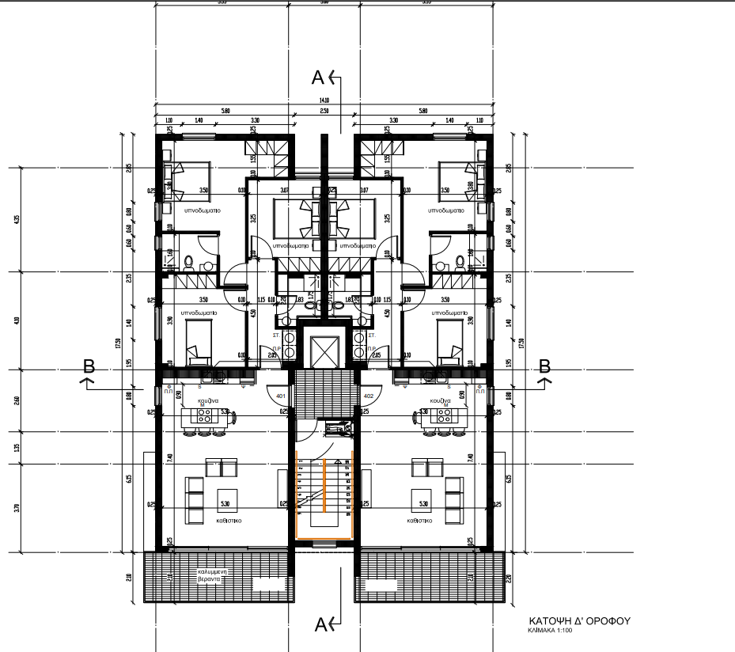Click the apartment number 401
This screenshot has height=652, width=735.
point(280,395)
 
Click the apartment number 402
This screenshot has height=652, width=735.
point(367,395)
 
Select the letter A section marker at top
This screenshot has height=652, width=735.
point(318,78)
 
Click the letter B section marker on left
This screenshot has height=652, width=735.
point(89,366)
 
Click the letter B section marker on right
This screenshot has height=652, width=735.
point(544,366)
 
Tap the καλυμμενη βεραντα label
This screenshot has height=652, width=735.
point(213,574)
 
